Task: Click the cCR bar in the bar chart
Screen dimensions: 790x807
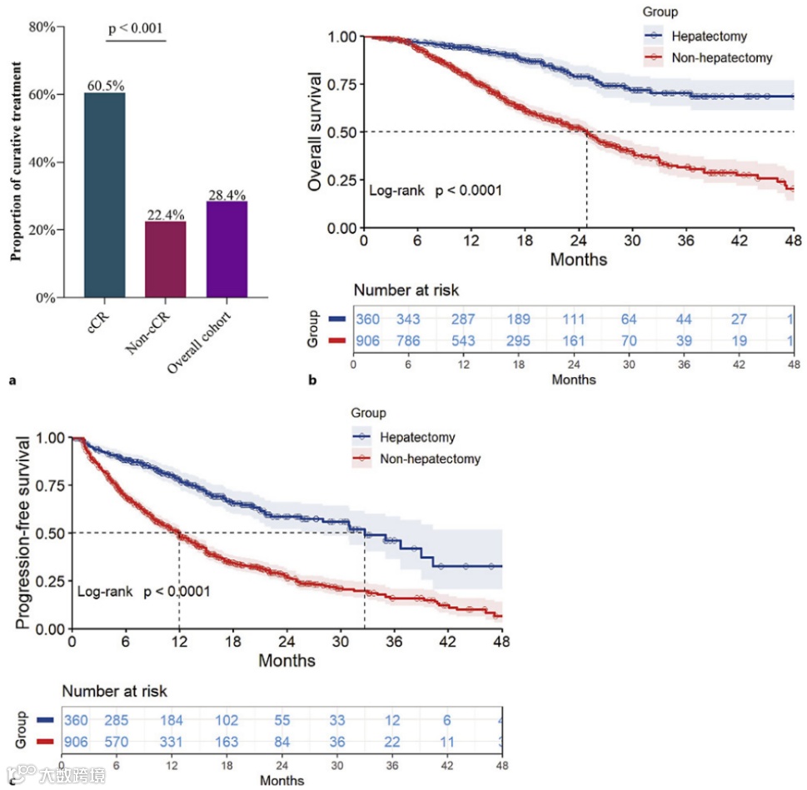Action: point(104,195)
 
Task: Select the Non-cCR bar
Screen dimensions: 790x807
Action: point(165,259)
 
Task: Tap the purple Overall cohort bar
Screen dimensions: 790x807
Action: point(227,249)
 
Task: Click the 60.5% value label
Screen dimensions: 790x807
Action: point(104,86)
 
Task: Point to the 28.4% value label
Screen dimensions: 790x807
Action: point(227,195)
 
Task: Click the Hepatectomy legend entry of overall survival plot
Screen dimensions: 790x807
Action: point(708,37)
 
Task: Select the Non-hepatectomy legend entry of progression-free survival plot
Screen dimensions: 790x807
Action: point(430,459)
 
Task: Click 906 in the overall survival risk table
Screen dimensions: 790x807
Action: point(367,340)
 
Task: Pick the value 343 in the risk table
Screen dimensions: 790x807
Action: point(409,320)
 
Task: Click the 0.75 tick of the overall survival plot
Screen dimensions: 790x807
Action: point(341,85)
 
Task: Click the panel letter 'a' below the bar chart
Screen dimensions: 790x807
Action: point(12,381)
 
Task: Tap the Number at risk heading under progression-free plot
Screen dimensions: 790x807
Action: point(114,691)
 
